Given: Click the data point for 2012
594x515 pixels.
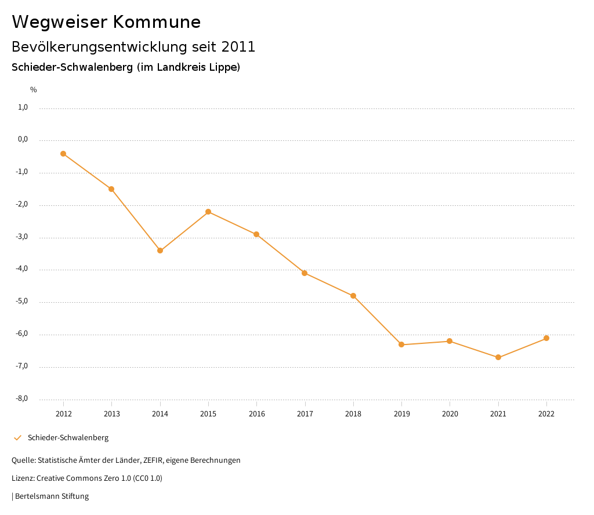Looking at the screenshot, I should tap(63, 154).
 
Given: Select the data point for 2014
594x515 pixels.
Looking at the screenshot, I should tap(160, 251).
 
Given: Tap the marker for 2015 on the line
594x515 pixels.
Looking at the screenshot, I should tap(208, 212).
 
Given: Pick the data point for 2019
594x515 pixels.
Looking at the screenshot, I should tap(401, 344).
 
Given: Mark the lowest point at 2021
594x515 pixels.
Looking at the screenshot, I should tap(498, 357).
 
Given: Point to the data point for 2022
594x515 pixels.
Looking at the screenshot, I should tap(546, 338).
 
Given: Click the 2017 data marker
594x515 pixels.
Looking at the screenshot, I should tap(305, 273).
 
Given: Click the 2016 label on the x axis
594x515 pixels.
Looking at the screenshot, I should tap(256, 414).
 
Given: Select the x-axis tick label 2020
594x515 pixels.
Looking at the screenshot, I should tap(450, 414).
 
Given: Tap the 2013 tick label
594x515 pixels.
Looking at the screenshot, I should tap(111, 414).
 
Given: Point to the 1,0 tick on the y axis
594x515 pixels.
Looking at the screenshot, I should tap(23, 107).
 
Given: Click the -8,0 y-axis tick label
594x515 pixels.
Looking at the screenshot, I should tap(22, 398).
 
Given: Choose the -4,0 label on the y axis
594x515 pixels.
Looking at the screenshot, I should tap(22, 269).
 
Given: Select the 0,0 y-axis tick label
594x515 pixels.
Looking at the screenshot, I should tap(23, 140).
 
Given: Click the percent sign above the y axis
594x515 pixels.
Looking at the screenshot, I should tap(33, 90).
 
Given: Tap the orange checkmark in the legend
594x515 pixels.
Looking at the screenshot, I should tap(17, 438).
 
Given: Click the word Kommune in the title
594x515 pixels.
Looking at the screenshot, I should tap(157, 22).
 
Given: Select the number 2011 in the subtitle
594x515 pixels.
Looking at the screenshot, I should tap(238, 46).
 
